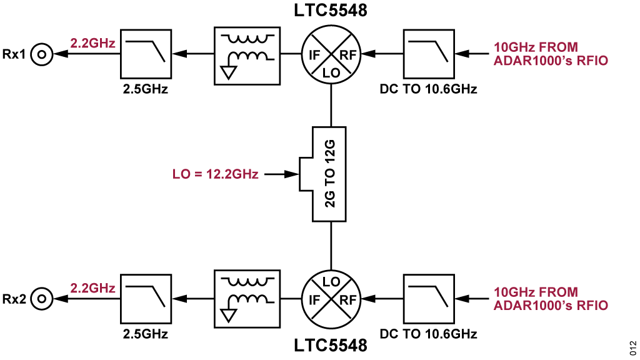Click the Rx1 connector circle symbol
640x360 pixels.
[42, 54]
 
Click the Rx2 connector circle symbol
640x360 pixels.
[42, 299]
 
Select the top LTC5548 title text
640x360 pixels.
[331, 11]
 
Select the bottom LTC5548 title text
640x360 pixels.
[331, 344]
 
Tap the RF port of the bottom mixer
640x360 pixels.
[347, 299]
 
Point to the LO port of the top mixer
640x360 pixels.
[331, 71]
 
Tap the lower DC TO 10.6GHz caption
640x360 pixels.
[429, 333]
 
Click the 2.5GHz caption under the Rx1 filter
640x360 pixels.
[146, 88]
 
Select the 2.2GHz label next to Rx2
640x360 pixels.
[93, 288]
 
